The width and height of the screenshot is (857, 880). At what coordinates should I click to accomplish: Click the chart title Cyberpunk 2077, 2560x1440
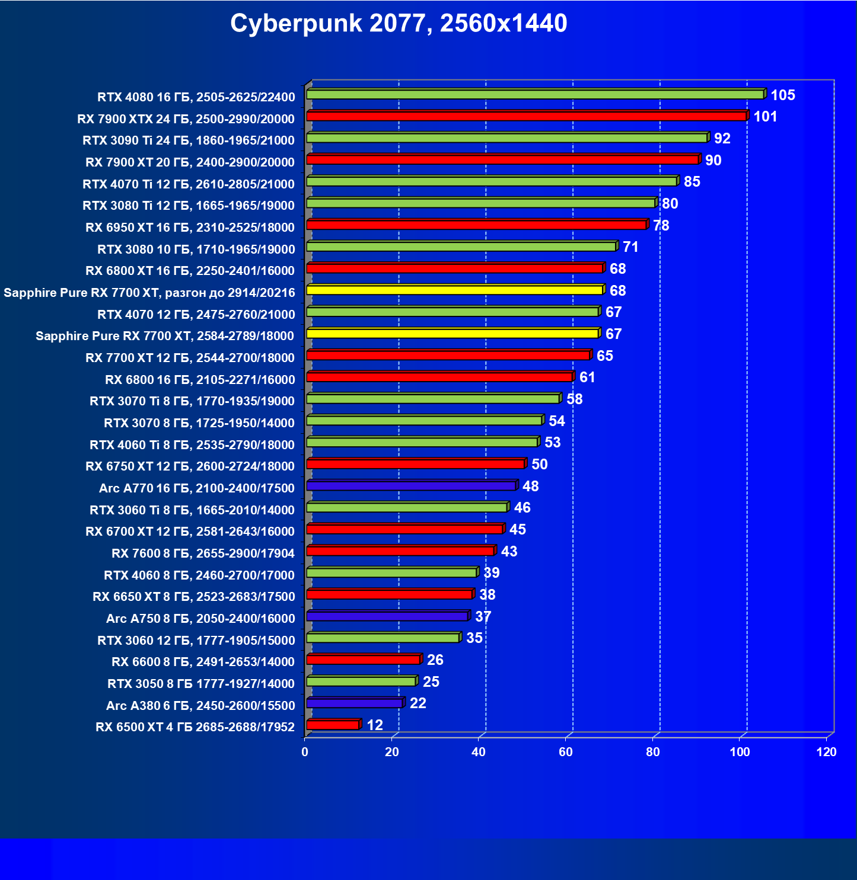(399, 24)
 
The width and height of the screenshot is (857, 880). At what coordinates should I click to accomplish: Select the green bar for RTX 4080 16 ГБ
(534, 95)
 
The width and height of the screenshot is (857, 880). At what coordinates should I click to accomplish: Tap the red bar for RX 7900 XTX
(526, 116)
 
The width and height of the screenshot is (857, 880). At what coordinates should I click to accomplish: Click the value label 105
(782, 95)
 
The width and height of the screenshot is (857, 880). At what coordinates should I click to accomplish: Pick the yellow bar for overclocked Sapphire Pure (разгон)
(454, 290)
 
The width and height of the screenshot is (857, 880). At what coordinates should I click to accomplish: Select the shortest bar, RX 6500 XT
(333, 725)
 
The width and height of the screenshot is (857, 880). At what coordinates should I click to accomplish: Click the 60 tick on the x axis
(566, 752)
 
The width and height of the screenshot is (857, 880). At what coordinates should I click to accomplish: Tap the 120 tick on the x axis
(826, 752)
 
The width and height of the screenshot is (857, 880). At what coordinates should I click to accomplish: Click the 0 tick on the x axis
(305, 752)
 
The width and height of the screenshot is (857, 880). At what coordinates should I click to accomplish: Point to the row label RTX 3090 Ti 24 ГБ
(189, 140)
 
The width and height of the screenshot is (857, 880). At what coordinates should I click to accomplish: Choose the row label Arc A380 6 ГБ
(200, 705)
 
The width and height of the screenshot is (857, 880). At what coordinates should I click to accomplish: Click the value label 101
(765, 117)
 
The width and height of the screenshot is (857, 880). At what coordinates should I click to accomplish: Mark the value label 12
(375, 725)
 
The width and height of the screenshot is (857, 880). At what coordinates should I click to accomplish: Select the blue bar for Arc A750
(387, 616)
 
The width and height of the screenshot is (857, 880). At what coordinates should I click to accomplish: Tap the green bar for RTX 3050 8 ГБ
(361, 681)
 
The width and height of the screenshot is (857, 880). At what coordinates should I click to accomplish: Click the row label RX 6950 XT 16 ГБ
(190, 228)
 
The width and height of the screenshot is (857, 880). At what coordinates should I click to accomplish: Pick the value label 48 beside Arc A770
(530, 487)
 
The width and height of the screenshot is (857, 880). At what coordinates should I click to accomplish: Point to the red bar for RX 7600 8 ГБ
(400, 551)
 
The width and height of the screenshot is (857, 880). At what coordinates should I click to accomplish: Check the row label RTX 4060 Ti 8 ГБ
(192, 445)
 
